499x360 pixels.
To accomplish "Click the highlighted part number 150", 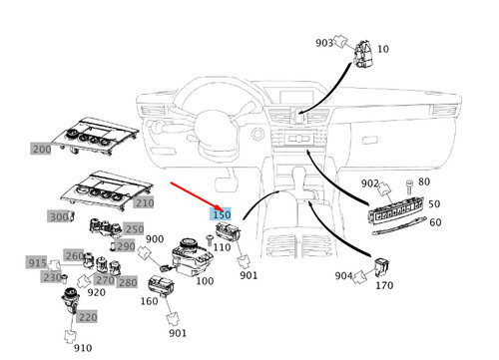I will tap(221, 214).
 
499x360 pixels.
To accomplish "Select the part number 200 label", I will tap(41, 149).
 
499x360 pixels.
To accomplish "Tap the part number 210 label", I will tap(144, 202).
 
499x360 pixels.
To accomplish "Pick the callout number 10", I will tap(383, 50).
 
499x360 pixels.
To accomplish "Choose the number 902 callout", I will tap(370, 183).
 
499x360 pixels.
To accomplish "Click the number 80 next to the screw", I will tap(423, 181).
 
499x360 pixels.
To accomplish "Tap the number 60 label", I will tap(435, 221).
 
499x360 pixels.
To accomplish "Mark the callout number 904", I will tap(344, 276).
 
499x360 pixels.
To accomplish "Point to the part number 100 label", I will tap(205, 282).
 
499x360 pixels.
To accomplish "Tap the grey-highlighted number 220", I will tap(88, 317).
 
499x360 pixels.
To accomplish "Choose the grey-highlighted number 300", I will tap(59, 216).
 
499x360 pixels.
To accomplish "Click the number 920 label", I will tap(96, 293).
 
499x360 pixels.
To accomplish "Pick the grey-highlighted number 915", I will tap(37, 262).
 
